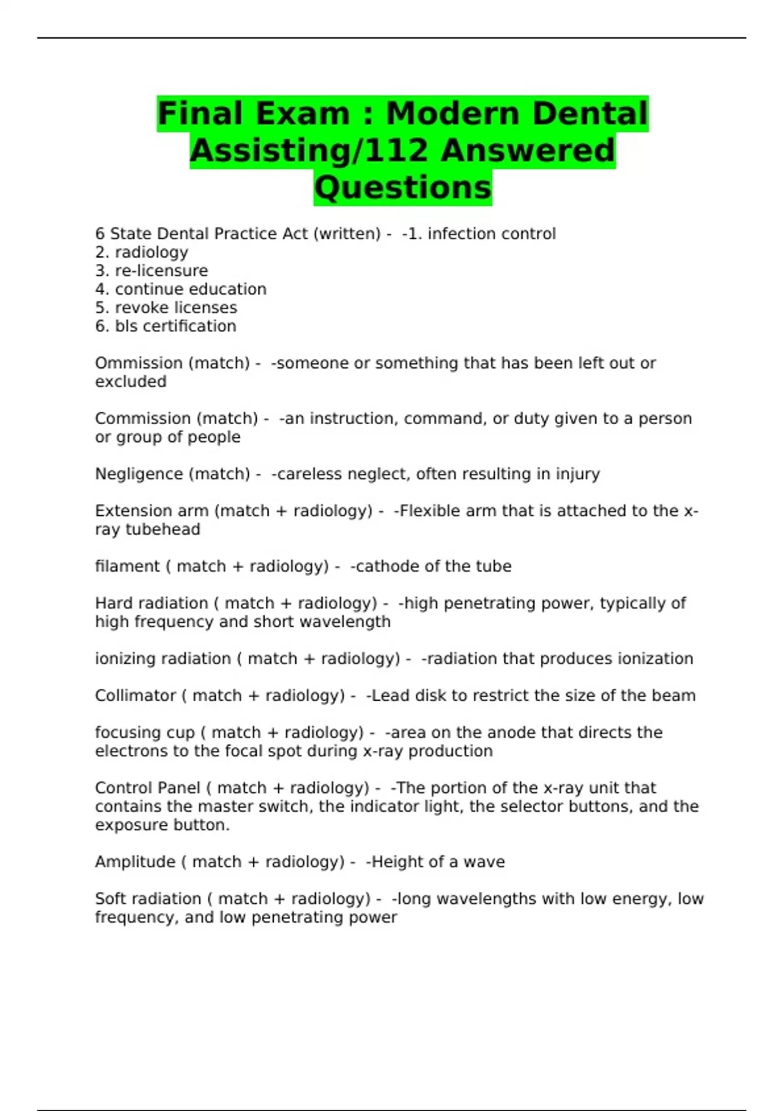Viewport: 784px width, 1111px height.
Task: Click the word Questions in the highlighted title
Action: [402, 187]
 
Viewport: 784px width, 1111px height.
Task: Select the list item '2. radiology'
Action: [142, 252]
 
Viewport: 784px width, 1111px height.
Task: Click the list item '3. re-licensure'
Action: [152, 271]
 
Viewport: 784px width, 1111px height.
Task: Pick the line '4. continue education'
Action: [181, 289]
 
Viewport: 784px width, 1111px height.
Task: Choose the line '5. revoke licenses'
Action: [166, 307]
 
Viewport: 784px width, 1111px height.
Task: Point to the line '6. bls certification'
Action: [166, 325]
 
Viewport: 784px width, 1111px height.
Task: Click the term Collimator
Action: [135, 695]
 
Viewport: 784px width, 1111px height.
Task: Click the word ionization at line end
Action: [655, 659]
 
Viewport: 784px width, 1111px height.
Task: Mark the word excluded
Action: [131, 382]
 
